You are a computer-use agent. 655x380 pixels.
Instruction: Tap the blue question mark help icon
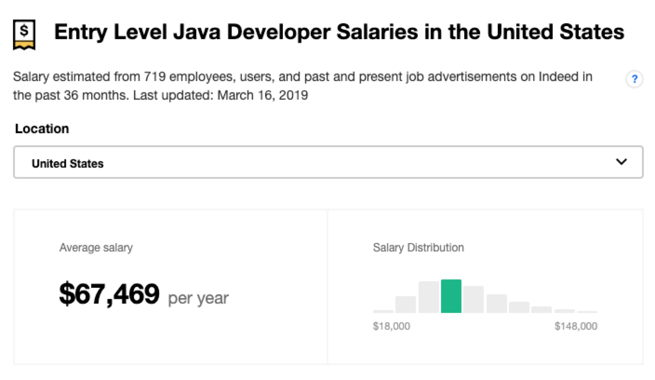[x=634, y=80]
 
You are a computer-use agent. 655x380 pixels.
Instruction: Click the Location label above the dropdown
[x=42, y=129]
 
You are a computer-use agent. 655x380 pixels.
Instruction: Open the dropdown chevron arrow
[x=621, y=162]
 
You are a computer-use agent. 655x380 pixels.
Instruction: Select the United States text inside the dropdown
[x=67, y=163]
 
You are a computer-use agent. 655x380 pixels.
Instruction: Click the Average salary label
[x=96, y=248]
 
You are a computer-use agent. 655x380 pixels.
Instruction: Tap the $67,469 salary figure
[x=109, y=294]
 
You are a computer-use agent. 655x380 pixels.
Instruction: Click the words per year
[x=198, y=298]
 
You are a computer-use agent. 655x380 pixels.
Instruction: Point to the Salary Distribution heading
[x=418, y=247]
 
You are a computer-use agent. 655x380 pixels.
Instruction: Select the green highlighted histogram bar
[x=451, y=296]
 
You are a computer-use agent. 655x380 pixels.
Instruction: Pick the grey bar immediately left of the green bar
[x=428, y=297]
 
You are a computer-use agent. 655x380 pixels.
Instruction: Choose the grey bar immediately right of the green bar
[x=473, y=299]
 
